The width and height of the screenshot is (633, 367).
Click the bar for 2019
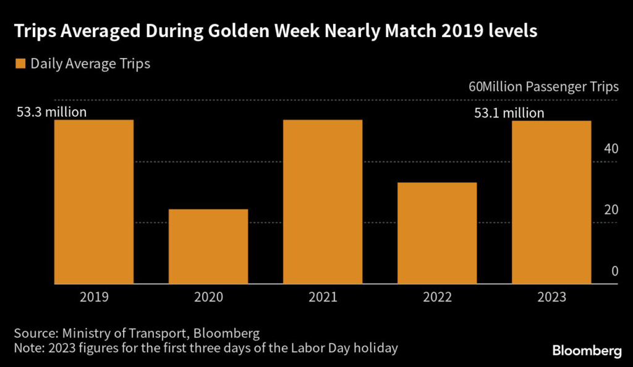[x=94, y=201]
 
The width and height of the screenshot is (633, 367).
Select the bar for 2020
[x=208, y=247]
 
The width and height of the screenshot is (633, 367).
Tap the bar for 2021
[x=323, y=201]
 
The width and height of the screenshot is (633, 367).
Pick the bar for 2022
[x=437, y=233]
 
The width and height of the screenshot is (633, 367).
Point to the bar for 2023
[x=551, y=202]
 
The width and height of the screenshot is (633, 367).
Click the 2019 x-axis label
[x=94, y=297]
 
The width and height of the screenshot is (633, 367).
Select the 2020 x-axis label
[x=208, y=297]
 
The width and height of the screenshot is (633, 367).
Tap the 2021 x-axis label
[x=323, y=297]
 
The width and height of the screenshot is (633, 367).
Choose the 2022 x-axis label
[x=437, y=297]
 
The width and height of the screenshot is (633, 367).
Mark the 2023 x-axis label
[x=551, y=297]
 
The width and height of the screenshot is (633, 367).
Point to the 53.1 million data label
[x=509, y=113]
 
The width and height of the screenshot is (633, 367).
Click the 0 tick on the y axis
[x=614, y=271]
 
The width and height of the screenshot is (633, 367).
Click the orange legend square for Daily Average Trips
[x=20, y=64]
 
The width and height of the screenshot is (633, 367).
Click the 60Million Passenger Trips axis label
[x=543, y=87]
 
